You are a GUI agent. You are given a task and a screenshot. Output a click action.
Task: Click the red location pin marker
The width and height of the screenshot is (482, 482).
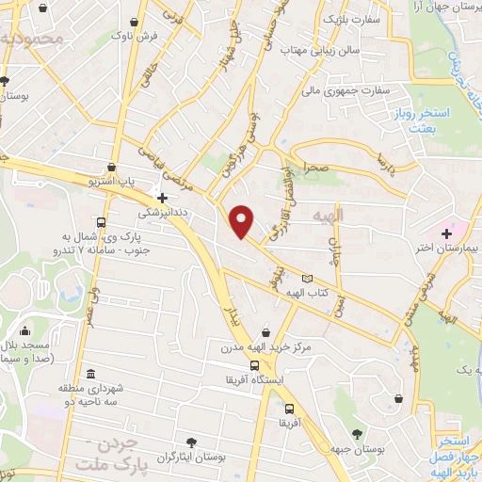(x=242, y=220)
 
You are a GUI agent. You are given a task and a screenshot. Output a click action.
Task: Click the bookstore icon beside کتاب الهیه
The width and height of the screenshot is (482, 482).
(x=305, y=278)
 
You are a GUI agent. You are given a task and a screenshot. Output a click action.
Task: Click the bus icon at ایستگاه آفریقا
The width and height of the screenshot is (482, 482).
(x=253, y=366)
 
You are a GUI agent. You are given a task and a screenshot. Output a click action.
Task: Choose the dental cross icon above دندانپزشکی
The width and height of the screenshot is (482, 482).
(x=163, y=199)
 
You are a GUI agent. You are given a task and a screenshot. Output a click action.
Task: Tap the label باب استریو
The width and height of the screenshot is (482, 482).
(x=119, y=178)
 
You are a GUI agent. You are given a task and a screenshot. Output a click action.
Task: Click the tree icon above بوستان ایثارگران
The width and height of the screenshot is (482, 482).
(x=192, y=442)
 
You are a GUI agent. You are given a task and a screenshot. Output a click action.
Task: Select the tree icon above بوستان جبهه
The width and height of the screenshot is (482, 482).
(x=357, y=434)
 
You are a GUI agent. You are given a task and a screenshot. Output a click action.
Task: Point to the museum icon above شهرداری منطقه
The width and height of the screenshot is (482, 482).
(x=89, y=373)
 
